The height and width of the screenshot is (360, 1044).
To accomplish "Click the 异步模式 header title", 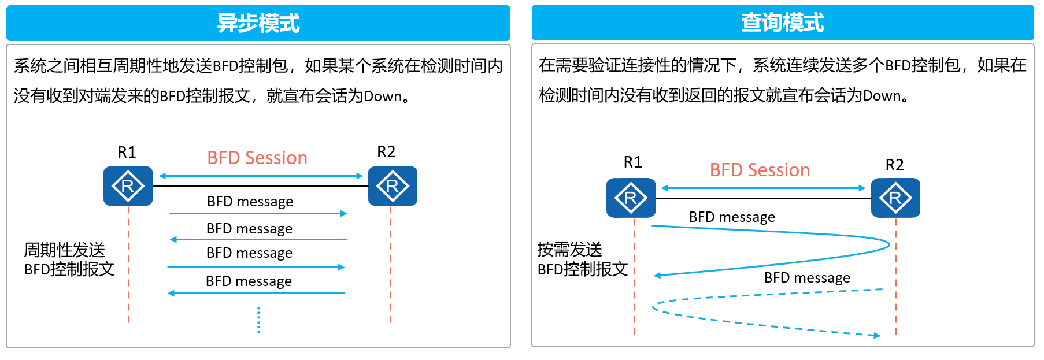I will pos(258,24).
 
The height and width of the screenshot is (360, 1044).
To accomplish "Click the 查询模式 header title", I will pos(783,23).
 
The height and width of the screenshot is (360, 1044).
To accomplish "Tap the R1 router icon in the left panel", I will pos(128,186).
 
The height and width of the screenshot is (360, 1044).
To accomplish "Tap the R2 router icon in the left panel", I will pos(393,186).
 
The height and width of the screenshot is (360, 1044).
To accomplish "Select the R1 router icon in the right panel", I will pos(631,198).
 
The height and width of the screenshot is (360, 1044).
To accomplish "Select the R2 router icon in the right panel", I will pos(895,198).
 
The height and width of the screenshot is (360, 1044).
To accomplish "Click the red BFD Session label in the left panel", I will pos(257,158).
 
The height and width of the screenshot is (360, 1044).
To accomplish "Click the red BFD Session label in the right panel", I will pos(760,170).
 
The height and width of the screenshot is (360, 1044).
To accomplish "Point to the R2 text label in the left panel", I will pos(386,152).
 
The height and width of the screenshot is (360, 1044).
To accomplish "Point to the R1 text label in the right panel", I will pos(633,162).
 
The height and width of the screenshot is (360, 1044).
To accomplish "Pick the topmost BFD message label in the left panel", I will pos(250,202).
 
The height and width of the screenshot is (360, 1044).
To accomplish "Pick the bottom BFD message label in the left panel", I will pos(249,281).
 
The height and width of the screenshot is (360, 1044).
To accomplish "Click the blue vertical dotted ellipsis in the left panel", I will pos(258,320).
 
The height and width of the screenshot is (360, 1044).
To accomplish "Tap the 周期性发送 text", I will pos(65,250).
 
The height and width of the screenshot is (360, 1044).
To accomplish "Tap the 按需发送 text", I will pos(570,249).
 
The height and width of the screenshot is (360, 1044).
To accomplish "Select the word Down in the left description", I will pos(383,96).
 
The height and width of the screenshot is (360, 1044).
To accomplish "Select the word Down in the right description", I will pos(882,95).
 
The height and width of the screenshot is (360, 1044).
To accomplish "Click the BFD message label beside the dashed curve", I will pos(807,278).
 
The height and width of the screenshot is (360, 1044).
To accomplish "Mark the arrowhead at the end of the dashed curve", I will pos(878,336).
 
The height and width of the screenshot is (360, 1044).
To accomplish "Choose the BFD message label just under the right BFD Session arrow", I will pos(732,217).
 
